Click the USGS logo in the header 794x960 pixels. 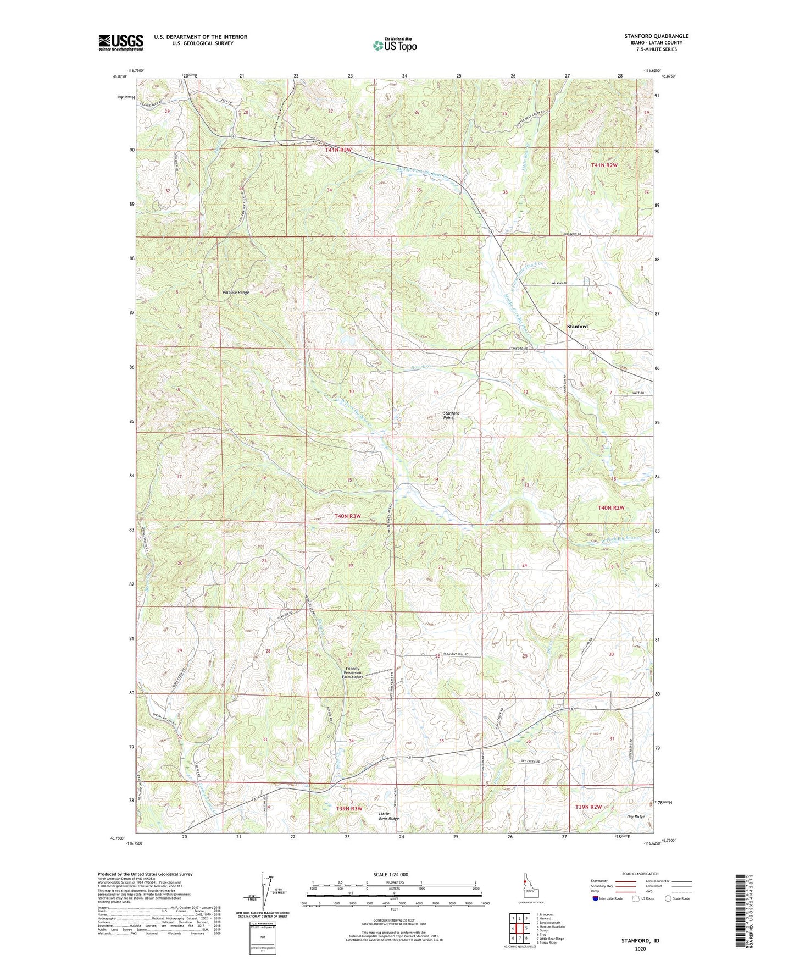120,42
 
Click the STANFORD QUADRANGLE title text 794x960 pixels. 656,36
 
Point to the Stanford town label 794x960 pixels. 577,327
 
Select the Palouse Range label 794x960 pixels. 236,292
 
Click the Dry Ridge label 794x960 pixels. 636,817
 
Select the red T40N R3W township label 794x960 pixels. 347,516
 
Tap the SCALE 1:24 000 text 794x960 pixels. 391,874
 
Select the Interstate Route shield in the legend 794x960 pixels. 596,898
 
